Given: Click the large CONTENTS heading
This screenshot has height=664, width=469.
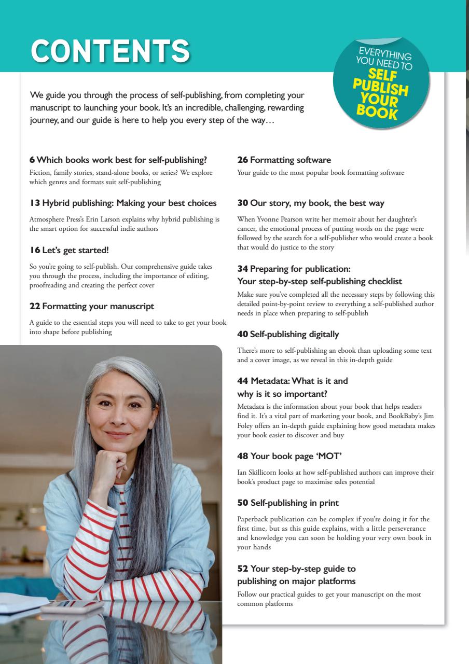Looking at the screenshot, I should pos(110,50).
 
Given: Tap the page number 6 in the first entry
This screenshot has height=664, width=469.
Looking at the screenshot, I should pos(32,160).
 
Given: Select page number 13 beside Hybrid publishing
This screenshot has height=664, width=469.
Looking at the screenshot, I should pos(34,203).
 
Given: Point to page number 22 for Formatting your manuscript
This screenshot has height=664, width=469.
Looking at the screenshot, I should pos(35,306).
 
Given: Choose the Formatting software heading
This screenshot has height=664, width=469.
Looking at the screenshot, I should pos(291,160).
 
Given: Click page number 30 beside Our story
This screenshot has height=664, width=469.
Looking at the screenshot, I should pos(242,203).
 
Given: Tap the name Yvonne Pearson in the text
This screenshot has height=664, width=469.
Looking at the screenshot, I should pos(282,219).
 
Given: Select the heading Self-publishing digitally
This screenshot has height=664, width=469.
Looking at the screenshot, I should pos(294,334).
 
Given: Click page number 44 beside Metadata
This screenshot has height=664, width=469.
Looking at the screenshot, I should pos(242,381).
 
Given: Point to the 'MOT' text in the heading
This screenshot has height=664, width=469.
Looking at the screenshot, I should pos(330,456).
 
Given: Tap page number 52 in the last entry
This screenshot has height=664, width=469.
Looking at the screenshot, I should pos(242,569).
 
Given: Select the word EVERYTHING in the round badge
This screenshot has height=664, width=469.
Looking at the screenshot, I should pos(385,53).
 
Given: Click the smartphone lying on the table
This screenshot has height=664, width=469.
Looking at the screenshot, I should pos(73,606).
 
